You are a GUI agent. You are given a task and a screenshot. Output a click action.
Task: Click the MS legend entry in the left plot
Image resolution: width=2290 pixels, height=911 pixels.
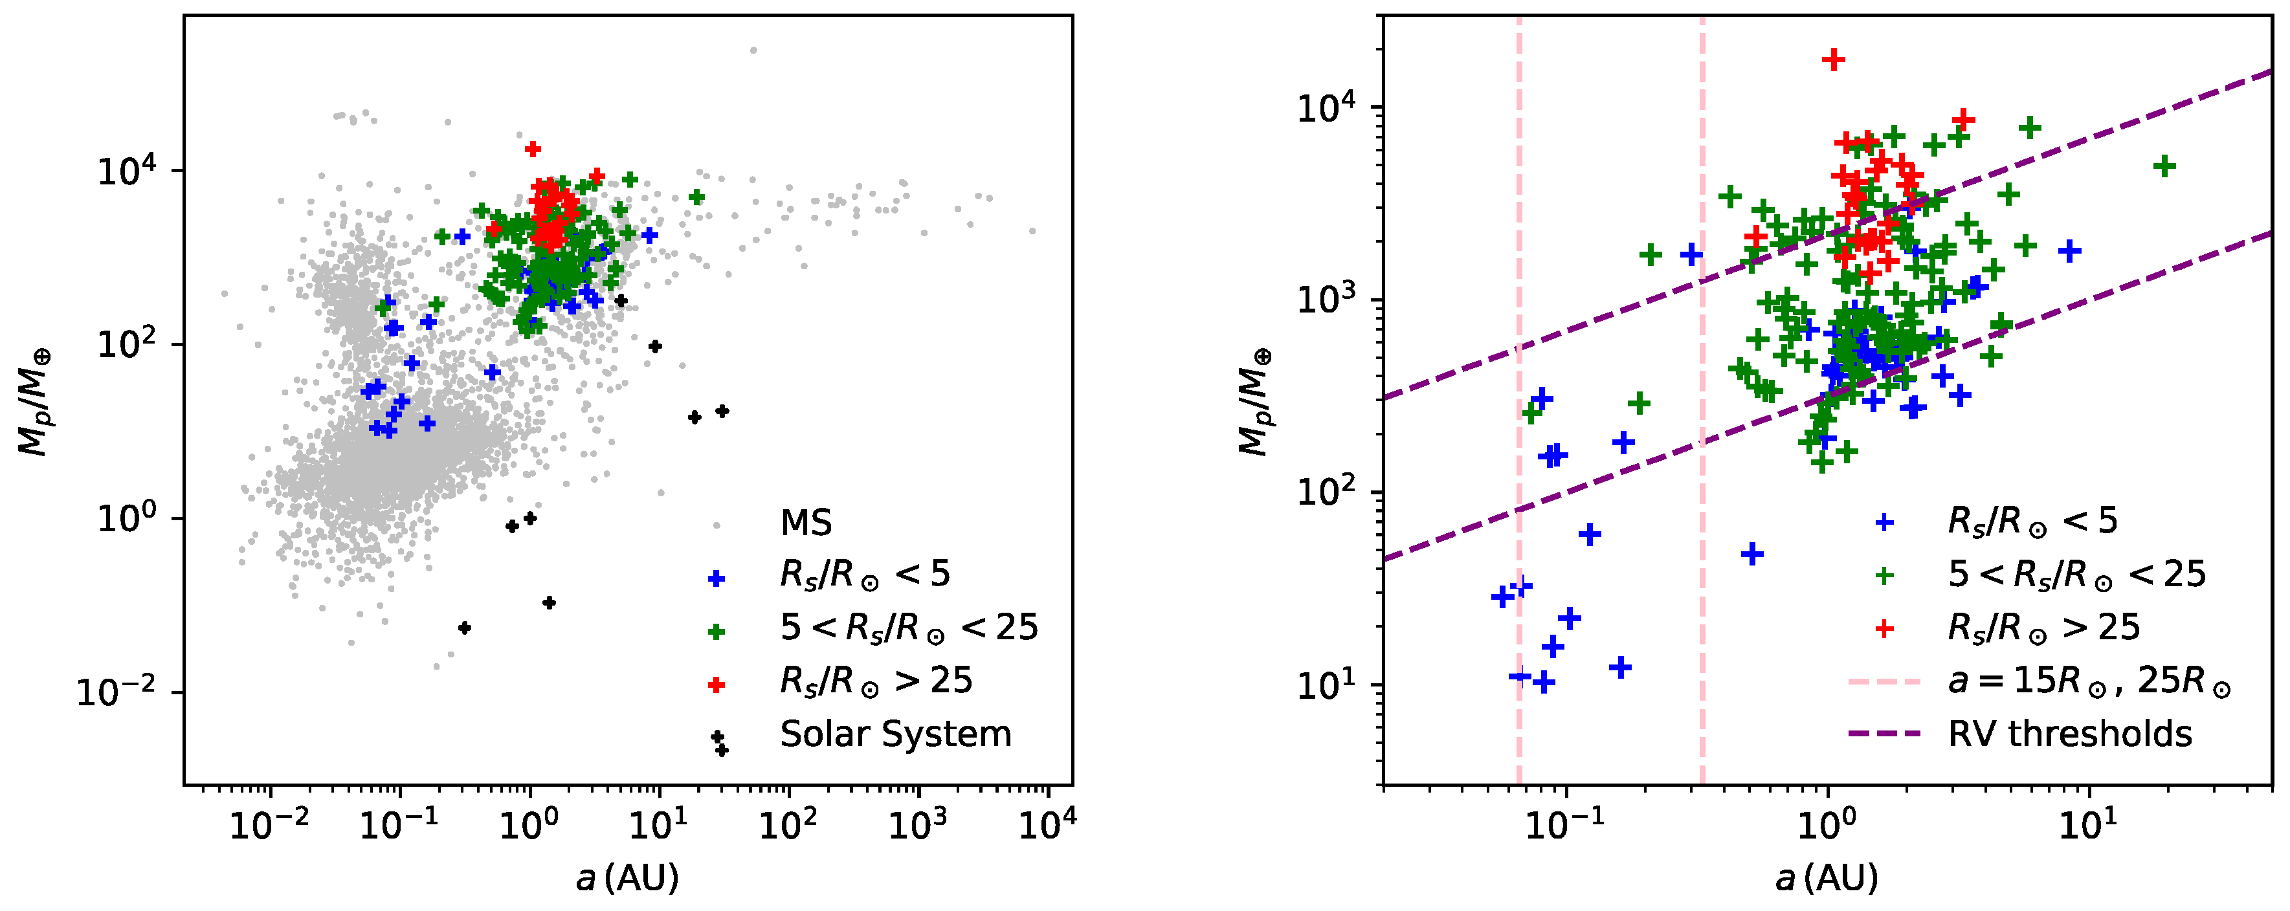[805, 523]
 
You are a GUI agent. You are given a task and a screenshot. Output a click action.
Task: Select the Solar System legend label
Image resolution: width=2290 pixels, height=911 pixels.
[895, 734]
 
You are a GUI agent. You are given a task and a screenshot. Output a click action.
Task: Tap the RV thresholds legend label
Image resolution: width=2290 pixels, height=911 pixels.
[2069, 734]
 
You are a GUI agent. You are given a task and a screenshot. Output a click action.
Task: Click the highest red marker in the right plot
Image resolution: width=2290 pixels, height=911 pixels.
[1833, 60]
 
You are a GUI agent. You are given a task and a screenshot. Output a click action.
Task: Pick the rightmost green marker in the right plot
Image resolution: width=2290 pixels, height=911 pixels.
[2164, 166]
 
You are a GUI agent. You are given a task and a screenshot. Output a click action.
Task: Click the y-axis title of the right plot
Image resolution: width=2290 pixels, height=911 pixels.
[1254, 402]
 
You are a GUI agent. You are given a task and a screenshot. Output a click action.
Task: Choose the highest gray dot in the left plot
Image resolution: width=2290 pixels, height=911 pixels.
[754, 50]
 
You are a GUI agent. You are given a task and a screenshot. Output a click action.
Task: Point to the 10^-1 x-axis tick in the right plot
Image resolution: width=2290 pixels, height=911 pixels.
[1566, 785]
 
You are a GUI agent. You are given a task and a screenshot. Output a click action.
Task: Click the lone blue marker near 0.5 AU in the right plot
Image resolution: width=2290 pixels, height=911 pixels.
[1752, 554]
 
